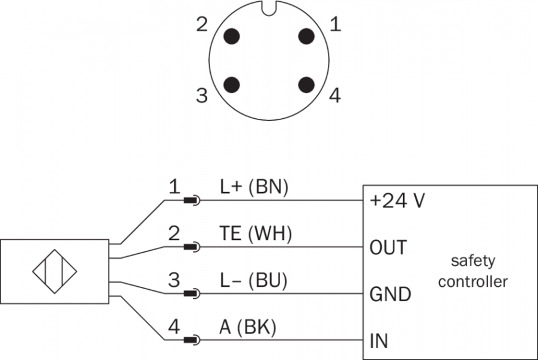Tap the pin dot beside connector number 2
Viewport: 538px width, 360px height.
coord(231,36)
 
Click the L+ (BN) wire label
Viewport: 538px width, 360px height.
coord(253,188)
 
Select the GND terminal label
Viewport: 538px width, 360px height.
coord(390,295)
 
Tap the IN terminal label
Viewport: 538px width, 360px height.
coord(379,341)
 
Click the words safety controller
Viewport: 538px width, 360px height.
coord(473,271)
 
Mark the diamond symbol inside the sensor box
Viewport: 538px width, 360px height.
coord(55,271)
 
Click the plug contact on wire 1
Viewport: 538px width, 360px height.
coord(192,200)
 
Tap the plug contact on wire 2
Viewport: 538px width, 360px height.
coord(192,247)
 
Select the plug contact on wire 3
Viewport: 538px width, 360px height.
coord(192,293)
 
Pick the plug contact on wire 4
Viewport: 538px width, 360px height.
coord(192,340)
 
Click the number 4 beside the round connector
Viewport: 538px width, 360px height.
coord(334,95)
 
